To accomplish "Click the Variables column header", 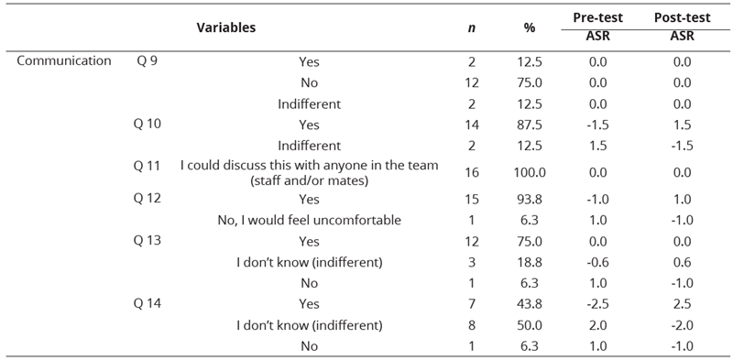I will pos(225,28).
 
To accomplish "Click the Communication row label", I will pos(64,62).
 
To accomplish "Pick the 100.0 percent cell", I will pos(530,172).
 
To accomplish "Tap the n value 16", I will pos(472,172).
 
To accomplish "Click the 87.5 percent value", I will pos(530,125).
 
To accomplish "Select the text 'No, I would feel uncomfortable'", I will pos(309,221).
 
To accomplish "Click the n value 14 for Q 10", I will pos(472,125).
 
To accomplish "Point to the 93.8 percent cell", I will pos(530,200).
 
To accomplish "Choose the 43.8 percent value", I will pos(530,304).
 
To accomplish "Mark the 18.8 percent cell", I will pos(530,263).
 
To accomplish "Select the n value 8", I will pos(472,325).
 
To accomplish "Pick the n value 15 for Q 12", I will pos(472,200).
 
